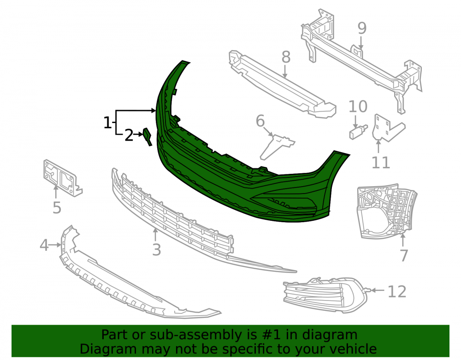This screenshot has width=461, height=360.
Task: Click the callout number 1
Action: click(x=107, y=123)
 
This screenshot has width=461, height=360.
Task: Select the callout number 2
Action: click(x=129, y=135)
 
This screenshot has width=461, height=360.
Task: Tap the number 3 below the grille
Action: click(x=156, y=249)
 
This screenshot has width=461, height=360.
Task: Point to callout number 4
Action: click(x=44, y=245)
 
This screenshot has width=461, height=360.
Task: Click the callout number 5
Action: click(x=57, y=207)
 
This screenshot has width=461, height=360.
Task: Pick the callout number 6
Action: click(x=260, y=121)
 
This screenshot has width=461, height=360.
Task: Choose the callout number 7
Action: click(x=404, y=255)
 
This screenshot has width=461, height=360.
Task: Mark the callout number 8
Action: click(x=286, y=57)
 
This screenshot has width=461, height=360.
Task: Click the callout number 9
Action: click(x=362, y=28)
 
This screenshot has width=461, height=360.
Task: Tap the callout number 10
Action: click(x=358, y=106)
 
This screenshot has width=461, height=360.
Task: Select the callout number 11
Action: click(x=381, y=162)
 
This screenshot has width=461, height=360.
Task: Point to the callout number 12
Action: click(x=397, y=291)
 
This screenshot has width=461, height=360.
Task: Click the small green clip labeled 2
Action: click(x=148, y=136)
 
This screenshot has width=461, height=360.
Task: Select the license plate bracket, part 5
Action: click(x=62, y=177)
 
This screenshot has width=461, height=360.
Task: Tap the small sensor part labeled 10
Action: click(x=358, y=131)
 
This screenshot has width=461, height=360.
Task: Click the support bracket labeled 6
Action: click(x=276, y=146)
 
